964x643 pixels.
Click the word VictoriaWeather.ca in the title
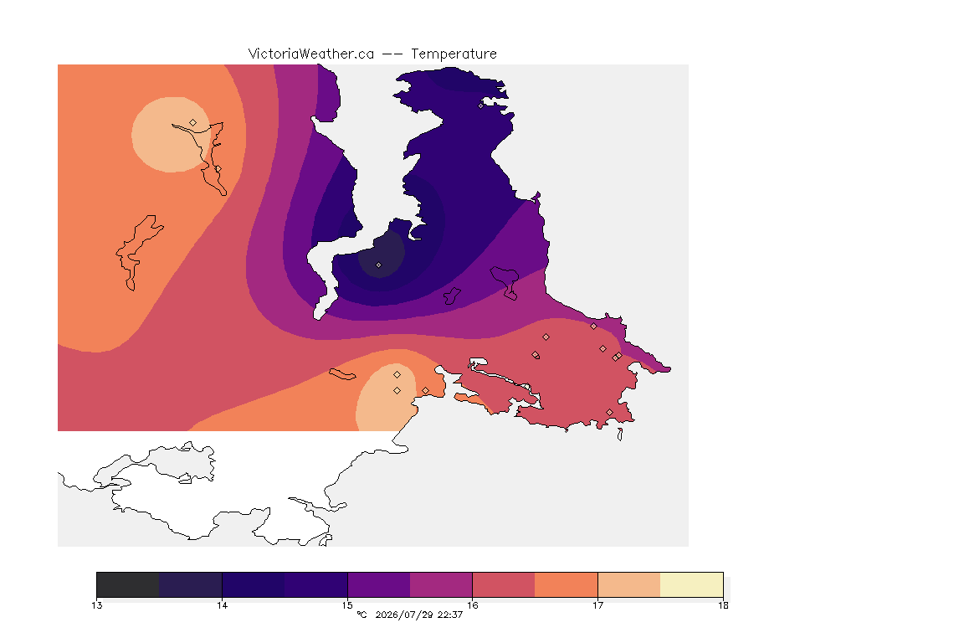(311, 54)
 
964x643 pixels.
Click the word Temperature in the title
(454, 54)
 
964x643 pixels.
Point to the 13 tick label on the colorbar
(96, 605)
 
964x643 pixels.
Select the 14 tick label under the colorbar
(222, 605)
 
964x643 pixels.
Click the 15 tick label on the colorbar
(347, 605)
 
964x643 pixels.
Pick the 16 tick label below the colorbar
(472, 605)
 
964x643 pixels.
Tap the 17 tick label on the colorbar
(597, 605)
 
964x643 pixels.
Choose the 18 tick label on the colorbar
(723, 605)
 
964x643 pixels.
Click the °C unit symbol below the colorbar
(361, 615)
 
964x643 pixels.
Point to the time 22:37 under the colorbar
(450, 615)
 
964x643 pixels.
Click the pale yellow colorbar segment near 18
(692, 584)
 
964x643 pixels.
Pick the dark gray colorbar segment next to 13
(128, 584)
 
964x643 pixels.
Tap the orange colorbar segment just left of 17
(567, 584)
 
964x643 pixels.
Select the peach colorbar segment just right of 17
(629, 584)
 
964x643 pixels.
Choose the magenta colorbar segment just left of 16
(441, 584)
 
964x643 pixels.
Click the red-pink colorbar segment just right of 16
(504, 584)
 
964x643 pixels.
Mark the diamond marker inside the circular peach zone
(193, 123)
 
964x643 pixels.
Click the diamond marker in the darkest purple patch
(379, 265)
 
